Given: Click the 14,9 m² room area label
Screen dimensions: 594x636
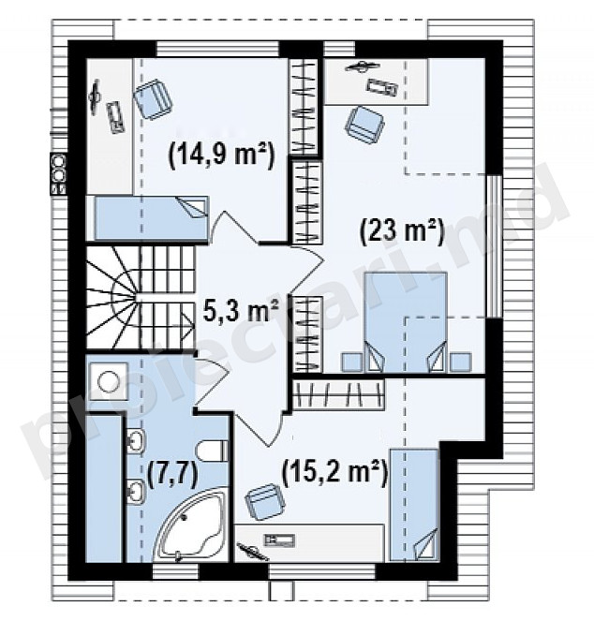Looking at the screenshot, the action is [x=221, y=155].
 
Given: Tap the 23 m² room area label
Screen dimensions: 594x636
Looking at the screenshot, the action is [x=402, y=232].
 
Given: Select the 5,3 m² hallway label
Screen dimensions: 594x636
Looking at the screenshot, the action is [x=241, y=311].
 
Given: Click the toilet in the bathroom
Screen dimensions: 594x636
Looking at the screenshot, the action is [x=212, y=451].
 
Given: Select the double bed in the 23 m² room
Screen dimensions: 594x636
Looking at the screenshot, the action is [x=406, y=321].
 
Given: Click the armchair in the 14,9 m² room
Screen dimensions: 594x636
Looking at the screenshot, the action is [x=154, y=99].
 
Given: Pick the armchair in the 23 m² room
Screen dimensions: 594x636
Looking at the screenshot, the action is [x=364, y=125].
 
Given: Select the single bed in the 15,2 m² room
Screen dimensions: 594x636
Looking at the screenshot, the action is [x=414, y=505].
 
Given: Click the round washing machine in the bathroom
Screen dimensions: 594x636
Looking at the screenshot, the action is [x=109, y=381].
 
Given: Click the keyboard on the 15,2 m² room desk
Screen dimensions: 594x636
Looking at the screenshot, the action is [x=279, y=540].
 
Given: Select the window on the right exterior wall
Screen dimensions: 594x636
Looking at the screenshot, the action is [x=494, y=245].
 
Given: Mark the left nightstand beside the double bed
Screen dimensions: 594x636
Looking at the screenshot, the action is [x=351, y=362].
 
